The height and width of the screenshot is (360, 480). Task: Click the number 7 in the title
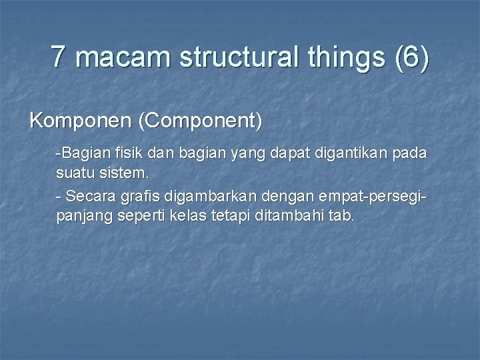59,57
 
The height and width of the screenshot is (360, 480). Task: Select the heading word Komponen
81,121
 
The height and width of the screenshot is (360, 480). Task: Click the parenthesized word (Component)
200,121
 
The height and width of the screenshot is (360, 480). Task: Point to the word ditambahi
291,217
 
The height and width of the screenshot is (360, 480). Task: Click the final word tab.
342,217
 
